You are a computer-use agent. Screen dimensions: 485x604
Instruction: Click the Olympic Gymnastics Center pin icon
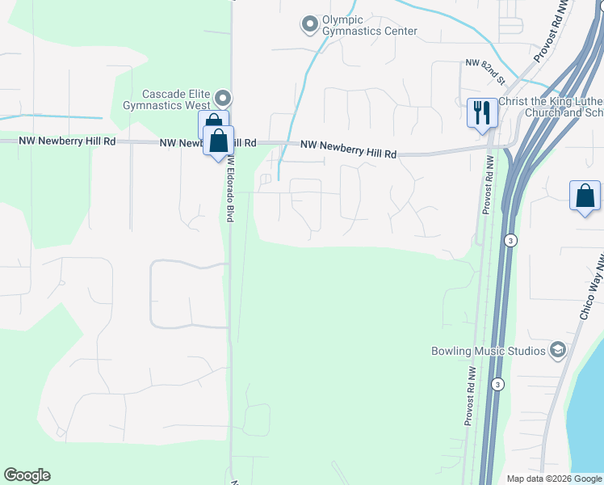pos(309,25)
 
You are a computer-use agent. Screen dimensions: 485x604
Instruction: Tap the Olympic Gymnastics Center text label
pos(369,25)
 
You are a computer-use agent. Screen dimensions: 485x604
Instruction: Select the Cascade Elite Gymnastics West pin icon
pos(224,99)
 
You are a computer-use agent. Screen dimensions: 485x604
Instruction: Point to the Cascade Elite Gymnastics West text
pos(166,99)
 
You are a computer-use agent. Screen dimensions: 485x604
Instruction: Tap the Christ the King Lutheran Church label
pos(551,107)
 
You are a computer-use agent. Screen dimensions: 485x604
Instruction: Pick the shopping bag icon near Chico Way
pos(585,196)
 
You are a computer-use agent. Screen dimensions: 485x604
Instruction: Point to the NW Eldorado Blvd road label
pos(230,191)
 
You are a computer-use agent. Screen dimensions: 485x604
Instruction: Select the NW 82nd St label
pos(485,72)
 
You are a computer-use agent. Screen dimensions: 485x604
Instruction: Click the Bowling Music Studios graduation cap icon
pos(556,350)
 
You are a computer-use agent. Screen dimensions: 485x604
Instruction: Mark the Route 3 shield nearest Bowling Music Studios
pos(499,384)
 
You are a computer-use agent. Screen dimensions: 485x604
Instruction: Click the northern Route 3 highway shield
pos(510,241)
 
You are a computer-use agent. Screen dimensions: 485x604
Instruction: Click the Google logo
pos(27,475)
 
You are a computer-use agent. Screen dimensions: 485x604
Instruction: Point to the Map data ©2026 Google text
pos(553,479)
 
